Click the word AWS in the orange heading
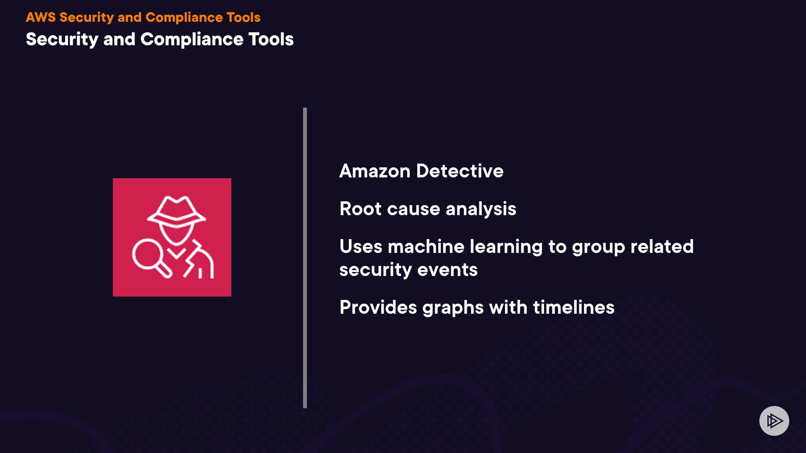tap(40, 17)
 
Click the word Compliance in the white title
tap(192, 39)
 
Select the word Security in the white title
tap(62, 39)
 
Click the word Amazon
tap(374, 171)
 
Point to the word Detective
tap(460, 171)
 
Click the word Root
tap(360, 209)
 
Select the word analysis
tap(481, 209)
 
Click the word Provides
tap(378, 307)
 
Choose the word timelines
tap(573, 307)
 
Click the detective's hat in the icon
tap(176, 209)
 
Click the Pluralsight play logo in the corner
tap(774, 421)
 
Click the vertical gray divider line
tap(305, 258)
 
